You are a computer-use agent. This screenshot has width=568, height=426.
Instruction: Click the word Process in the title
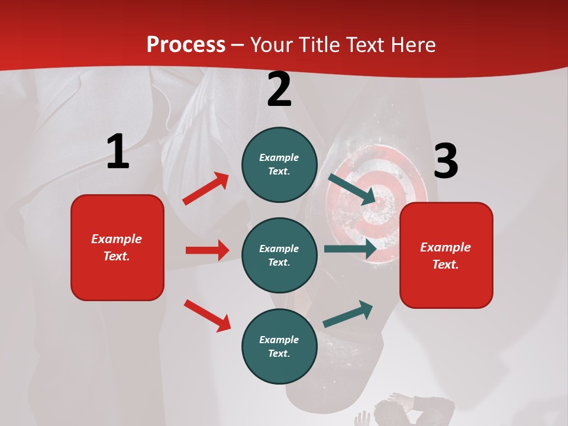click(x=186, y=45)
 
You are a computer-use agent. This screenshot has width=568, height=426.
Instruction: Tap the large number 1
click(x=118, y=151)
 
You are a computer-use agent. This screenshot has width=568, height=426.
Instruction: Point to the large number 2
click(x=279, y=89)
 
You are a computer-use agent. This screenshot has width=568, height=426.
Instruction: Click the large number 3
click(x=446, y=161)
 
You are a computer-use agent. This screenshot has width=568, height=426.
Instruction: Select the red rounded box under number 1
click(x=117, y=247)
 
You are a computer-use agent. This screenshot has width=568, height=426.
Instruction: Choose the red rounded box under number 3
click(x=446, y=255)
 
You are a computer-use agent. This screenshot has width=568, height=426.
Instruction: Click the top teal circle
click(x=279, y=164)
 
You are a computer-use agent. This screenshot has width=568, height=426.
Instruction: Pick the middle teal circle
click(x=279, y=255)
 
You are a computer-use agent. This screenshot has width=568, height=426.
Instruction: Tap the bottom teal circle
click(x=279, y=346)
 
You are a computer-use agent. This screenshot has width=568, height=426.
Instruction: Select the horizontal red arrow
click(x=207, y=250)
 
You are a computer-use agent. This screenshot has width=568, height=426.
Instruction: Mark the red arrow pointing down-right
click(x=207, y=315)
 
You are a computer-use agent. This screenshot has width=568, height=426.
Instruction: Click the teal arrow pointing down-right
click(x=352, y=189)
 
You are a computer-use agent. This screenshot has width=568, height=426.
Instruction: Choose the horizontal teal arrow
click(x=350, y=249)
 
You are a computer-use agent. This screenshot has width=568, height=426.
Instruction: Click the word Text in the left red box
click(x=116, y=256)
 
